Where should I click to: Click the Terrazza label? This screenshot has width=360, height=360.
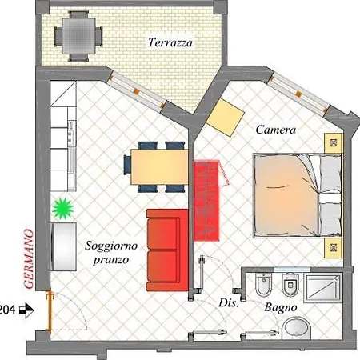(170, 42)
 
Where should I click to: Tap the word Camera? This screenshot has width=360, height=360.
(276, 130)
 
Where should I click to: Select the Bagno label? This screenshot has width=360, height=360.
(281, 308)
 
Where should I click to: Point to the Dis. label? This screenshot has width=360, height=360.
(228, 303)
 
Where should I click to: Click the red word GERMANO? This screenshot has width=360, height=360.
(29, 259)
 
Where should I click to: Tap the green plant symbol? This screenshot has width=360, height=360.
(63, 209)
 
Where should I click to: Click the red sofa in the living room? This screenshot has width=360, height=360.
(167, 250)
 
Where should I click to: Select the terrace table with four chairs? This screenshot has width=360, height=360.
(78, 36)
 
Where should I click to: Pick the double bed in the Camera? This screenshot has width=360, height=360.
(298, 195)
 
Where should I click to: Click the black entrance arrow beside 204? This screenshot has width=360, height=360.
(27, 310)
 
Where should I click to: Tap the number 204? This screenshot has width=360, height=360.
(7, 310)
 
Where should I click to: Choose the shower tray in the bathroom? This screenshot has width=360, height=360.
(322, 287)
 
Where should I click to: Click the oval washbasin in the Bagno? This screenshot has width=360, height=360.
(297, 329)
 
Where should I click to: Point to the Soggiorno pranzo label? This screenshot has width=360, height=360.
(111, 253)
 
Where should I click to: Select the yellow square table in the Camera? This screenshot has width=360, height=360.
(226, 118)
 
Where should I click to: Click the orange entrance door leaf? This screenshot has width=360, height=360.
(50, 311)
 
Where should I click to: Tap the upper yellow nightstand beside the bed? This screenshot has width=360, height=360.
(333, 143)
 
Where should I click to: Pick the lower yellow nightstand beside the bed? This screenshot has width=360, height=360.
(333, 248)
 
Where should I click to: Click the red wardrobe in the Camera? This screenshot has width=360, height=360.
(207, 201)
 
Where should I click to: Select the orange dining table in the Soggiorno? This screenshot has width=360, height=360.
(159, 167)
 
